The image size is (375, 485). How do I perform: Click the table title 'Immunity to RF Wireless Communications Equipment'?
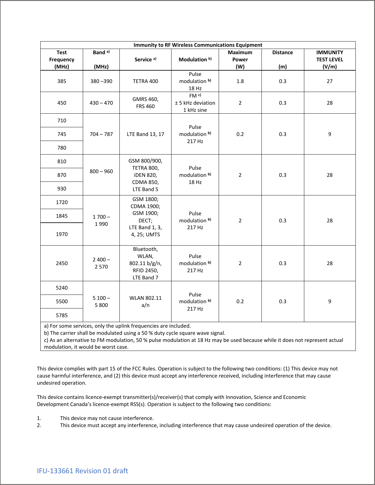coord(198,45)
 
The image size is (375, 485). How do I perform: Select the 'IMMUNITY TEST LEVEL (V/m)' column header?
coord(329,59)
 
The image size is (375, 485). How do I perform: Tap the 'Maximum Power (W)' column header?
coord(240,59)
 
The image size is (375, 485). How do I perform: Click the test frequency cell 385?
coord(62,81)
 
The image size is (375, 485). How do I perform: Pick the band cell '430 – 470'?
coord(101,103)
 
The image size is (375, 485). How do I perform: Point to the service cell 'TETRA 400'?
coord(145,81)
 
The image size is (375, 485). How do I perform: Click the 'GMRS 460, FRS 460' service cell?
coord(145,103)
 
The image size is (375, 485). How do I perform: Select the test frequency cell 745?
coord(62,134)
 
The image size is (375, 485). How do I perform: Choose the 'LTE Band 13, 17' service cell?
coord(145,134)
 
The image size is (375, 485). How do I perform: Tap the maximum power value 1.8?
coord(240,81)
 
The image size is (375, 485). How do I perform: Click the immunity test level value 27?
coord(329,81)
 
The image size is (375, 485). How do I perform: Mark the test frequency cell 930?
coord(62,189)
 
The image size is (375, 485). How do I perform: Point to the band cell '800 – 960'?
coord(101,171)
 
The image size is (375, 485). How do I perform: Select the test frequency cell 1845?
coord(62,216)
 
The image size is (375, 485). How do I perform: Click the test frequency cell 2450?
coord(62,263)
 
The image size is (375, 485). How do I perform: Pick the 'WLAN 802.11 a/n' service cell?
coord(145,301)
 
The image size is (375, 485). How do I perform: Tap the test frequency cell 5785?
coord(62,315)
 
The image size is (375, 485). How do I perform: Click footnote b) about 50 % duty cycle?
coord(135,333)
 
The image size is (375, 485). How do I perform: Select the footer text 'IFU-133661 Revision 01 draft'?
coord(82,471)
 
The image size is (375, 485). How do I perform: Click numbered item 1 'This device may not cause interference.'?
coord(107,418)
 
